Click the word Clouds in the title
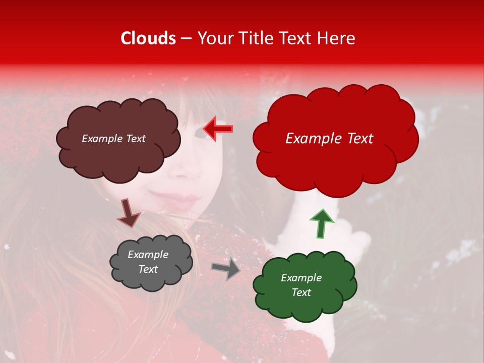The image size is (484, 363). click(x=148, y=38)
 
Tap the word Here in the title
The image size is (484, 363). click(x=337, y=38)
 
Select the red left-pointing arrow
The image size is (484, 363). click(x=218, y=129)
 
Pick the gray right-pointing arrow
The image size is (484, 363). click(x=226, y=268)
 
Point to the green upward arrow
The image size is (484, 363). click(x=321, y=223)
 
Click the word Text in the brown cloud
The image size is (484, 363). click(x=135, y=139)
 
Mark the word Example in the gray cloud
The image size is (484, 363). click(x=148, y=255)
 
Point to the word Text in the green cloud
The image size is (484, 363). click(x=301, y=292)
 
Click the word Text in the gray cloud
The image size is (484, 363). click(x=148, y=269)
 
